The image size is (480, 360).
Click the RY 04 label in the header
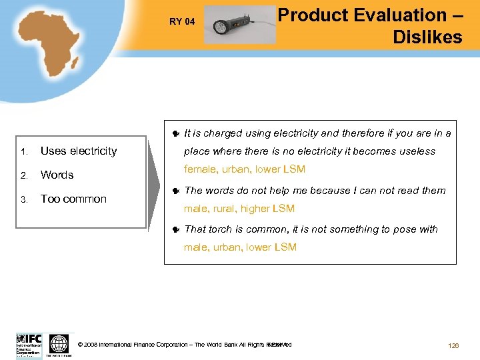pyautogui.click(x=182, y=21)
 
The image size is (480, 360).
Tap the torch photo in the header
pyautogui.click(x=239, y=25)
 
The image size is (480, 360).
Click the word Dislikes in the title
pyautogui.click(x=427, y=37)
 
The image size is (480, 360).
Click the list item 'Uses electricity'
pyautogui.click(x=79, y=151)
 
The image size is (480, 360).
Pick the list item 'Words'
pyautogui.click(x=57, y=175)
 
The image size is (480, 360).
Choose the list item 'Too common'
pyautogui.click(x=73, y=199)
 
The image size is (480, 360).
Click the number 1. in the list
pyautogui.click(x=23, y=152)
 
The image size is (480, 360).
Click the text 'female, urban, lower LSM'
pyautogui.click(x=245, y=169)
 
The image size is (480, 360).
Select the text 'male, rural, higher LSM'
pyautogui.click(x=239, y=209)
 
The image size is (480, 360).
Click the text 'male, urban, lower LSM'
pyautogui.click(x=240, y=247)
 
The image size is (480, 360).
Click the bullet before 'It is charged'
pyautogui.click(x=175, y=134)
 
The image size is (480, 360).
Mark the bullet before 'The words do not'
pyautogui.click(x=175, y=191)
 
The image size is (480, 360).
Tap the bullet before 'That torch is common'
pyautogui.click(x=175, y=230)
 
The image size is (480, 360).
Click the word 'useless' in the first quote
pyautogui.click(x=417, y=151)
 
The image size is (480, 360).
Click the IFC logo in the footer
pyautogui.click(x=29, y=345)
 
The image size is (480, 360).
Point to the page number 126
pyautogui.click(x=453, y=346)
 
